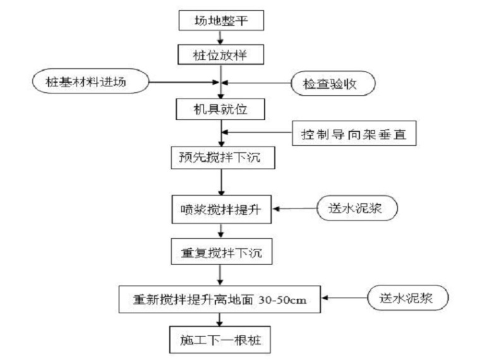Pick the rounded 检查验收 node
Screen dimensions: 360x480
(x=333, y=82)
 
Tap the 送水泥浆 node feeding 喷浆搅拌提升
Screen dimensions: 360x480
(x=357, y=208)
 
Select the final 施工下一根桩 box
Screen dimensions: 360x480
(x=219, y=340)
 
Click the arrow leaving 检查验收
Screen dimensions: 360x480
(x=256, y=82)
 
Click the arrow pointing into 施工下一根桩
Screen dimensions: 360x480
(x=219, y=320)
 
